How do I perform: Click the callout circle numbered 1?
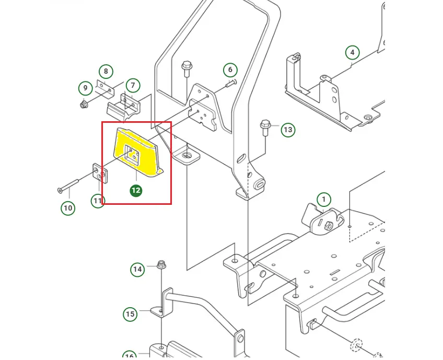tap(323, 200)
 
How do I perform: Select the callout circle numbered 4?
tap(352, 52)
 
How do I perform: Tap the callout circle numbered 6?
tap(230, 69)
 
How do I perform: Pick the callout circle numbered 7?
tap(133, 85)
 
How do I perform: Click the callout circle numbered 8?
tap(106, 71)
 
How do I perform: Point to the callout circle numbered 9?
tap(85, 88)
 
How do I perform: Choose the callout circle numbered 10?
tap(68, 208)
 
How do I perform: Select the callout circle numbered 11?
tap(98, 200)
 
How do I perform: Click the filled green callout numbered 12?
tap(136, 190)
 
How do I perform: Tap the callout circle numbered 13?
tap(288, 130)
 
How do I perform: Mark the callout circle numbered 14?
tap(137, 270)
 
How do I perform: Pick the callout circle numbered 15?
tap(130, 314)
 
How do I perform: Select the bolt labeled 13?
tap(264, 127)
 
